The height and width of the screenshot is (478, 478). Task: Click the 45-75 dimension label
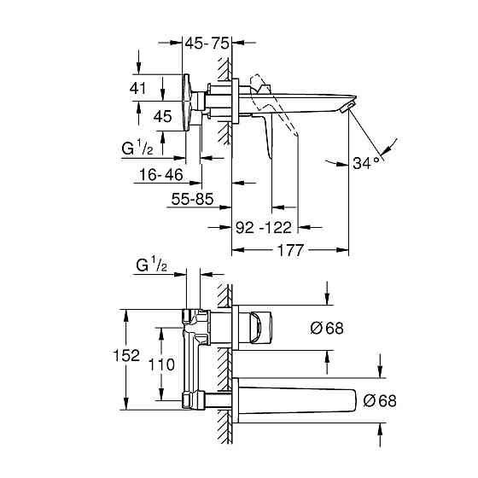point(208,42)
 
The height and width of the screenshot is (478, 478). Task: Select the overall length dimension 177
point(292,250)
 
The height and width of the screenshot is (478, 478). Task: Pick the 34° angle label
point(366,162)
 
